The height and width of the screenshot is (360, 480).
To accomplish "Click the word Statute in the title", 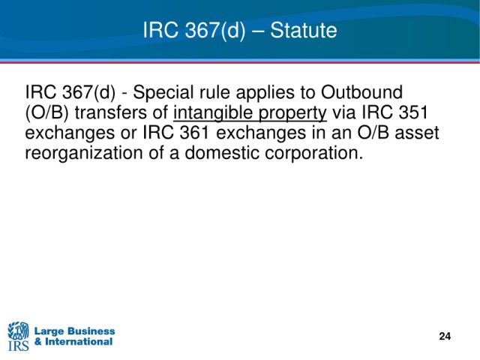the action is (x=303, y=30).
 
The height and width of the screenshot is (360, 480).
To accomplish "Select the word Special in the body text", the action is (x=162, y=92).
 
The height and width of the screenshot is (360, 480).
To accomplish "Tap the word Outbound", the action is (x=361, y=91).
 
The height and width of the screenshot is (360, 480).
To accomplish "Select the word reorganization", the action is (x=84, y=153).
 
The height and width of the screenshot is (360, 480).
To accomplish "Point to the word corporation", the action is (x=314, y=153).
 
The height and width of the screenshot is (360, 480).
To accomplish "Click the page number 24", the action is (x=445, y=336).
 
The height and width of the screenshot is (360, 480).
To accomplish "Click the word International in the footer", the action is (x=79, y=342).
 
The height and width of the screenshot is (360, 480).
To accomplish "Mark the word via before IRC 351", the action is (x=344, y=112).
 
